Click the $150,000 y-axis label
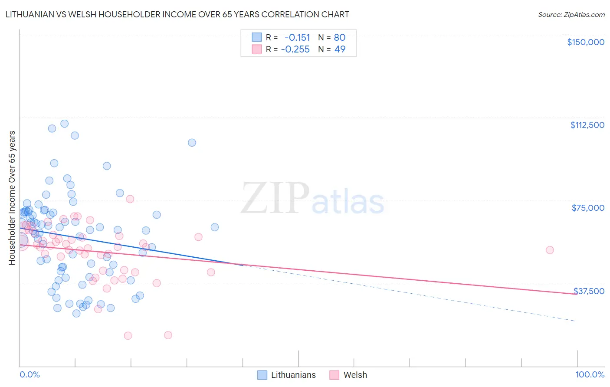(x=585, y=42)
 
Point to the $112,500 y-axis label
(x=587, y=125)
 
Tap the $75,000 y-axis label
(x=588, y=208)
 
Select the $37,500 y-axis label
(x=589, y=291)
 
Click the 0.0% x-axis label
(x=30, y=374)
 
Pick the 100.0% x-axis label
(x=590, y=374)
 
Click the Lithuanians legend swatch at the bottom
(x=262, y=375)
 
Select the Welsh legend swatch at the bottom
(x=334, y=375)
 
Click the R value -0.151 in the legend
(x=297, y=37)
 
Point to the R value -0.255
(x=295, y=49)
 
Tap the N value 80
(x=340, y=37)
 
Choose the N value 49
(x=340, y=49)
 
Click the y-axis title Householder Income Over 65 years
(x=12, y=198)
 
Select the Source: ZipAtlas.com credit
(x=571, y=15)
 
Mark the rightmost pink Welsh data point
(x=550, y=250)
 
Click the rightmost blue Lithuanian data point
(x=214, y=227)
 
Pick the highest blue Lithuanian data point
(x=64, y=124)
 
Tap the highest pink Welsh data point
(x=130, y=199)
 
